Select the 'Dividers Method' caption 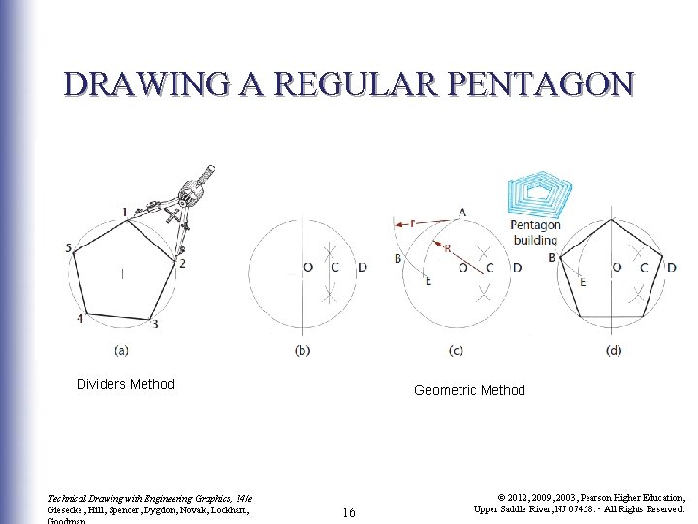click(x=125, y=384)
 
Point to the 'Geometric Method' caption click(x=469, y=390)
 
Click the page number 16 click(x=349, y=511)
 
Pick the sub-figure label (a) click(x=122, y=349)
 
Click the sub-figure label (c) click(x=456, y=349)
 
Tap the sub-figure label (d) click(x=613, y=349)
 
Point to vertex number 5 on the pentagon click(x=69, y=248)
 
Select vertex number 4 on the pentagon click(x=79, y=318)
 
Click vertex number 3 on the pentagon click(x=155, y=324)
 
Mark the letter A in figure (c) click(x=462, y=212)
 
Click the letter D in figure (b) click(x=362, y=267)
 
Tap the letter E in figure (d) click(x=582, y=281)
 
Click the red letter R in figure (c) click(x=447, y=248)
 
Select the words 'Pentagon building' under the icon click(x=534, y=233)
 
